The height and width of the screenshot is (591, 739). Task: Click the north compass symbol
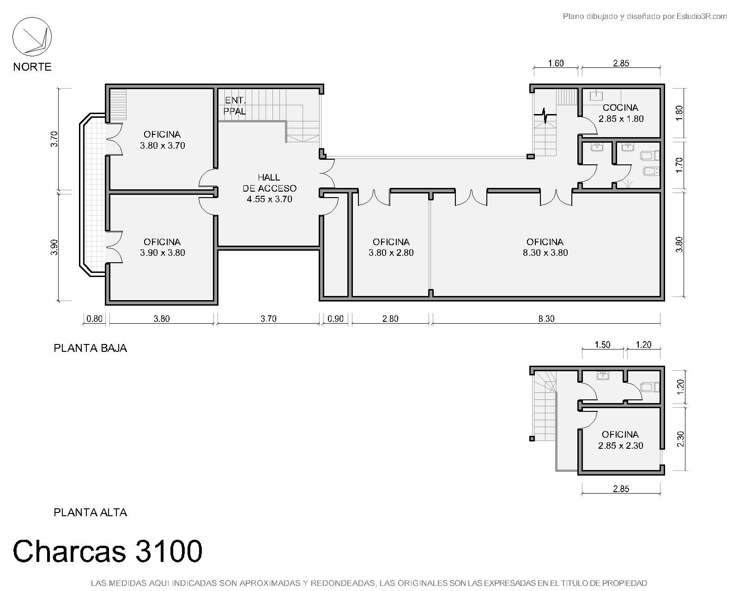point(32,36)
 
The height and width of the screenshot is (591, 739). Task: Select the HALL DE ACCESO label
point(269,188)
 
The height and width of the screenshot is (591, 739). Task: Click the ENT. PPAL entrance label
point(235,106)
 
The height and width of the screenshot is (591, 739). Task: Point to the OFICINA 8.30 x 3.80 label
point(545,247)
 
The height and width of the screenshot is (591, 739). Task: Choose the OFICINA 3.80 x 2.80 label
point(391,247)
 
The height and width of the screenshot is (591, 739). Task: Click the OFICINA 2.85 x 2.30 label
point(620,440)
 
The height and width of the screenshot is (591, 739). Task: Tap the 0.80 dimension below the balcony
point(94,319)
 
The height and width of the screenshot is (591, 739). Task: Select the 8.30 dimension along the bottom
point(546,319)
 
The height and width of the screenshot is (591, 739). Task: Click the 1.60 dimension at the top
point(556,63)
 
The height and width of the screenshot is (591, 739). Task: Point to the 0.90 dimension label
point(335,319)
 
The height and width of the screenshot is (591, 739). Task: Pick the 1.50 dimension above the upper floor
point(602,345)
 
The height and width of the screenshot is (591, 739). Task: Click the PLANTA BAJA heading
point(91,348)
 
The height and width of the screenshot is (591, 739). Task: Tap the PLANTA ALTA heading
point(91,513)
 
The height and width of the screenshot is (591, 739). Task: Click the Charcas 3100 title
point(108,551)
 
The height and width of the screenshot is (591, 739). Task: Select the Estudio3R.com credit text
point(702,16)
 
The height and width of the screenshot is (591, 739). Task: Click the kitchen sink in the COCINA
point(596,95)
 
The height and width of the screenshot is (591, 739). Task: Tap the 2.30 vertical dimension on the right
point(681,439)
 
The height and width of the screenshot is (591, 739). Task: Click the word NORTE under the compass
point(32,66)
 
